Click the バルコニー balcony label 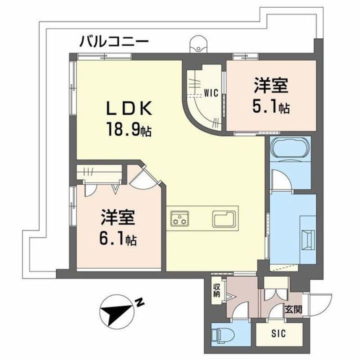(113, 41)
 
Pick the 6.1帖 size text (118, 240)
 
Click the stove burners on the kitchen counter (179, 218)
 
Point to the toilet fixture (220, 332)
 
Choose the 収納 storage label (216, 290)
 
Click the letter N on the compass (141, 301)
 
